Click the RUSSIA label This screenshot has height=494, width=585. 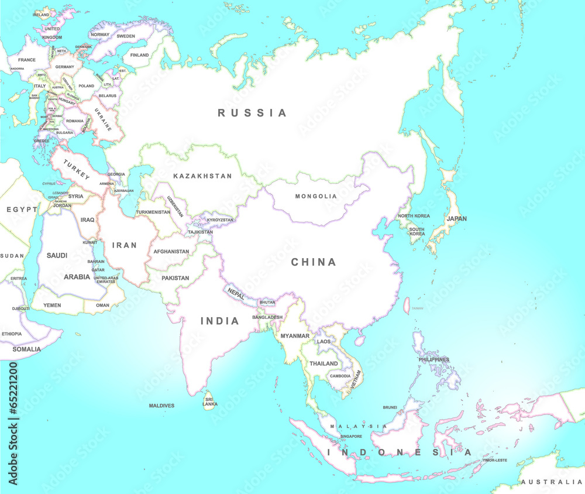[x=252, y=113]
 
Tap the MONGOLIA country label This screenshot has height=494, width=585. [x=316, y=197]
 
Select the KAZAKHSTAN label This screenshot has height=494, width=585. [x=202, y=176]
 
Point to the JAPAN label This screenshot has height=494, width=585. [x=457, y=219]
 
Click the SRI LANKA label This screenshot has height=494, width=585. [x=209, y=402]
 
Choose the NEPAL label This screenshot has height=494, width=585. [x=236, y=294]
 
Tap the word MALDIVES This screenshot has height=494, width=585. [x=161, y=406]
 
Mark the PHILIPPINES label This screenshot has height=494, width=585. [x=433, y=359]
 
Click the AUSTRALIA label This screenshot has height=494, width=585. [x=552, y=482]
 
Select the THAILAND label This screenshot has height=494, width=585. [x=324, y=363]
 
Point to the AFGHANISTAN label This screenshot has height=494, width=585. [x=171, y=252]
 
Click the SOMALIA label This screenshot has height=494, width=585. [x=27, y=349]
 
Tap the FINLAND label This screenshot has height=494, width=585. [x=139, y=55]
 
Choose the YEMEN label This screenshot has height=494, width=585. [x=51, y=305]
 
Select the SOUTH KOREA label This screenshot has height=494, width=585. [x=417, y=231]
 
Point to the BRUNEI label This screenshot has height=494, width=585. [x=390, y=407]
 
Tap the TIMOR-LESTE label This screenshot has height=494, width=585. [x=494, y=460]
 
